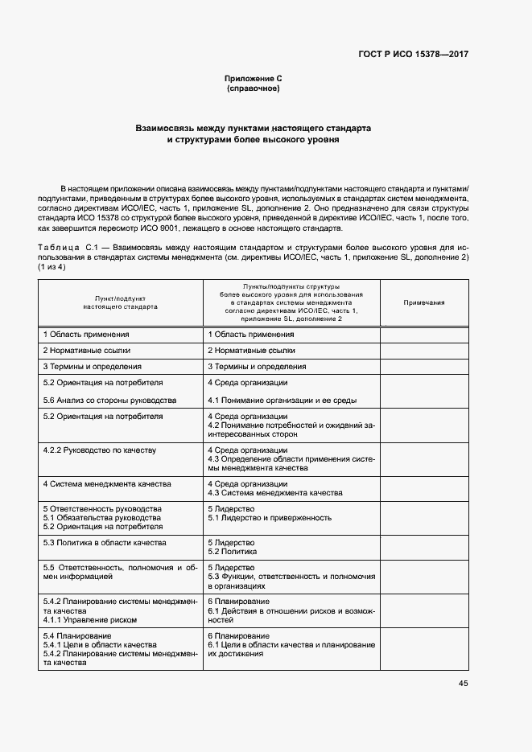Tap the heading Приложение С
253,79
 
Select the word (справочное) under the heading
253,88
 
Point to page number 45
463,684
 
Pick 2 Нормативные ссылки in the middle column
251,351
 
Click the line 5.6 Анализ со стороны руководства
109,400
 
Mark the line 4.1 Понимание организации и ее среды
282,400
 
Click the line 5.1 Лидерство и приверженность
270,518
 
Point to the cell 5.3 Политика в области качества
104,543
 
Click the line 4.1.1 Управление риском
89,619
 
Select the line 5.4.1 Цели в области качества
99,644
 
